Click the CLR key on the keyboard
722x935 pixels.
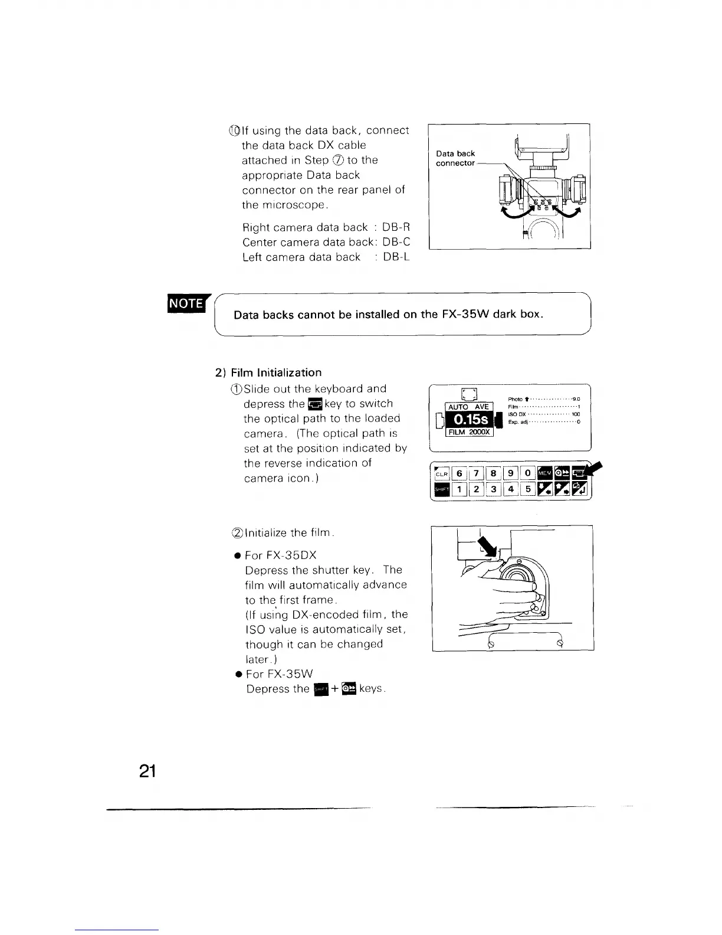442,473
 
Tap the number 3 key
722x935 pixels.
494,489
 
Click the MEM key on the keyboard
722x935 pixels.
545,473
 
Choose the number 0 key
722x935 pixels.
527,473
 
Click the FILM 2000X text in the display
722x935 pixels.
469,432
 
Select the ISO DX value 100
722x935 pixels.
576,414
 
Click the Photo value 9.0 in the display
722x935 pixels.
576,399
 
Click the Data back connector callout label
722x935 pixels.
455,158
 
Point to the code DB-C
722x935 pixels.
396,242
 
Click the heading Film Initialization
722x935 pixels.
276,372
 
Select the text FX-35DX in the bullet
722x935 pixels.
281,555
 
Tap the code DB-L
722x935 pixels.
396,257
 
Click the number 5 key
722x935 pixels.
528,489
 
